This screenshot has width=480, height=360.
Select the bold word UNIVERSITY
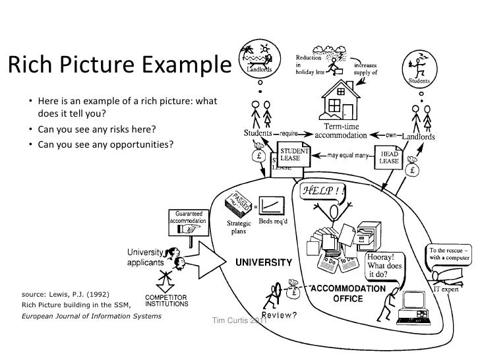click(264, 261)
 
